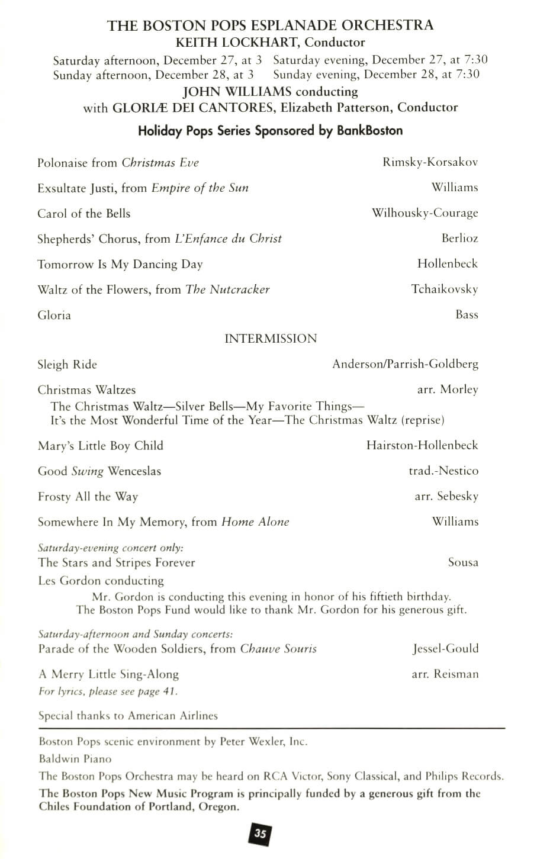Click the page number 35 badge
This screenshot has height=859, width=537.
point(260,834)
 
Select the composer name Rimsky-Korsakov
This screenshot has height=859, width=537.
point(430,162)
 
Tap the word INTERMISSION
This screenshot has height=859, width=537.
point(271,339)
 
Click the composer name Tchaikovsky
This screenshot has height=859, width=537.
point(445,289)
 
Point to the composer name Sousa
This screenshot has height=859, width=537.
point(463,562)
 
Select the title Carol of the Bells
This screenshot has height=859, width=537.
point(83,214)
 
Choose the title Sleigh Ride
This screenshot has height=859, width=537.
point(67,365)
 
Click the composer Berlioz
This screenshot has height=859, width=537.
point(459,239)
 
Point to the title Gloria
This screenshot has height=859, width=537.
point(54,315)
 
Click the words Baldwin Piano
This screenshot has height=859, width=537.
point(75,758)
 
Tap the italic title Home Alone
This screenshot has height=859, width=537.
point(255,522)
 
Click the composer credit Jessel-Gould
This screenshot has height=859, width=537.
point(445,649)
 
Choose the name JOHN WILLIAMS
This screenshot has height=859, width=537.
point(237,92)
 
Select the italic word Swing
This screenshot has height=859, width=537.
point(88,472)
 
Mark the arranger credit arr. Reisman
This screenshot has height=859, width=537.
point(445,674)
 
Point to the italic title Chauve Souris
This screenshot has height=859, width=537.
point(278,649)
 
